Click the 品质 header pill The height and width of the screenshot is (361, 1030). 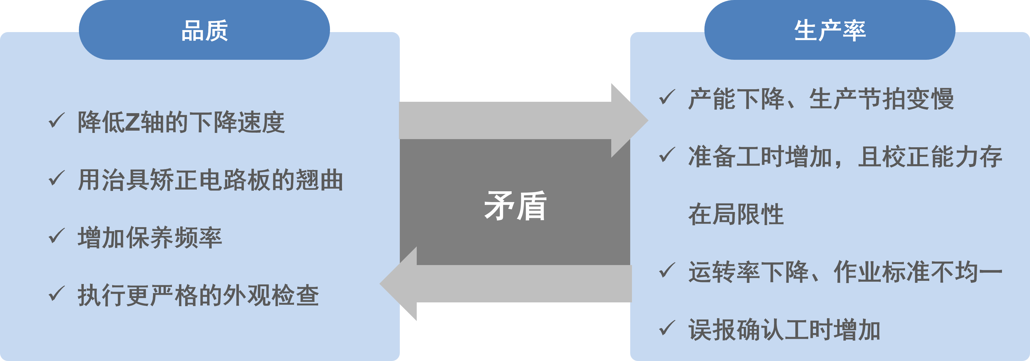click(204, 30)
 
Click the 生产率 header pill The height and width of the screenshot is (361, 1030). click(830, 30)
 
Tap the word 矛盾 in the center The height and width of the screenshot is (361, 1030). click(515, 206)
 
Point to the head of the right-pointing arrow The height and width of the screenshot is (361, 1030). click(628, 120)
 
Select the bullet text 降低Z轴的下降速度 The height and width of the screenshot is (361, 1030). click(181, 122)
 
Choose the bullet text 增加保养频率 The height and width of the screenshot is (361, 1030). click(150, 238)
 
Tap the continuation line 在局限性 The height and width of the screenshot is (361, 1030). click(736, 214)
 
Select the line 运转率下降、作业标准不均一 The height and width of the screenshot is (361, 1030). click(845, 272)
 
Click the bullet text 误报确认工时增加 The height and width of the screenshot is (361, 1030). click(784, 330)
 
